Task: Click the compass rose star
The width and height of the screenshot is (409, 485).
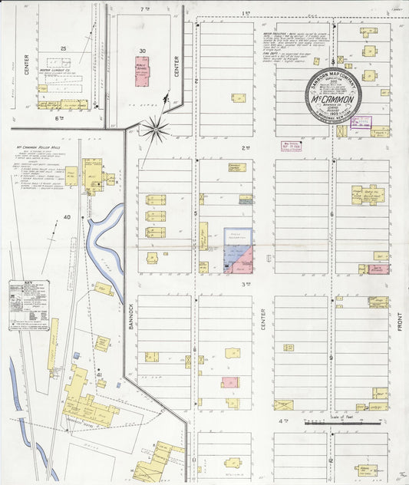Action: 156,128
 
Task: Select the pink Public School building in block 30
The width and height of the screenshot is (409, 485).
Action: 143,71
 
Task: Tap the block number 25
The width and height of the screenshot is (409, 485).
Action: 64,49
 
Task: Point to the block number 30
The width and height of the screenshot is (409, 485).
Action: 143,51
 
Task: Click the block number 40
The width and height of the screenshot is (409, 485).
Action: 67,217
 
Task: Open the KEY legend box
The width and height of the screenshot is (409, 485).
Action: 29,305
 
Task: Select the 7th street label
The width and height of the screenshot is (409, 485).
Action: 143,8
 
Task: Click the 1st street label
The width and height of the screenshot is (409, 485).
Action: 246,13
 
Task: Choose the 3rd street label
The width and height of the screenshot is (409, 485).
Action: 246,285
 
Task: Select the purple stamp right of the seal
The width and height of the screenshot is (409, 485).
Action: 361,121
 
